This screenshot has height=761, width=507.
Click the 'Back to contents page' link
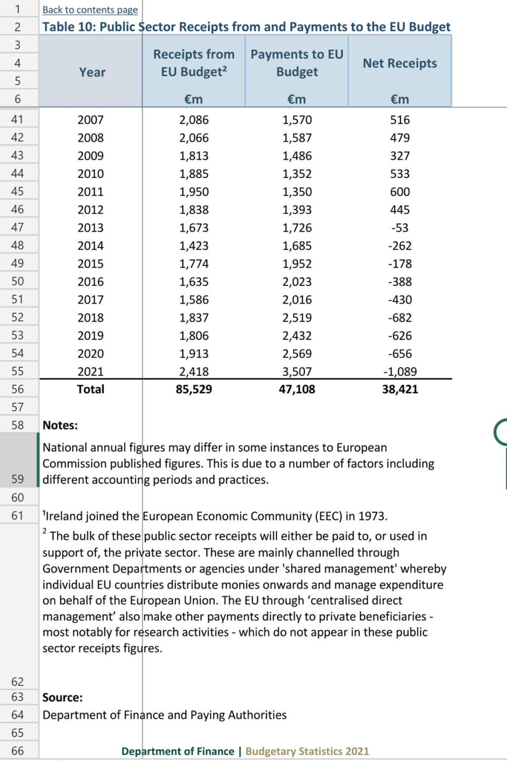90,10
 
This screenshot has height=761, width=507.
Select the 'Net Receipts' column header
400,63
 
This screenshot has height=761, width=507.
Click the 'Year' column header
92,72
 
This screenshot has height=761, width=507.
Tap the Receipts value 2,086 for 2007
194,120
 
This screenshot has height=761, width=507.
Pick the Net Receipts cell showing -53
400,228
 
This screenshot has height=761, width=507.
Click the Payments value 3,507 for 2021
297,372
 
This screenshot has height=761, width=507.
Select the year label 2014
91,246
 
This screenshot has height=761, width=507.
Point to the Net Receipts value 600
400,192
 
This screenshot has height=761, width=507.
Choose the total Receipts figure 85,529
194,389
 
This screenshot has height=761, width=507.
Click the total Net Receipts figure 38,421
400,389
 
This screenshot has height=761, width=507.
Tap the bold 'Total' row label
91,389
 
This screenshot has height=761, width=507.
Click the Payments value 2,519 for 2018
297,318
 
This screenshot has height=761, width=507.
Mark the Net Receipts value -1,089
400,372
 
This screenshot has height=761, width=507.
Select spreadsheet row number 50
17,281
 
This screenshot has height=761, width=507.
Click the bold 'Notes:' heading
60,426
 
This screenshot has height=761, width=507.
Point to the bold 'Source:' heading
62,698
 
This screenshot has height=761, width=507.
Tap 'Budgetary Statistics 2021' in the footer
307,752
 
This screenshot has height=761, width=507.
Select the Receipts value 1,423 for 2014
194,246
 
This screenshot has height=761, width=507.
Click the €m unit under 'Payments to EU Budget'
297,100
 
